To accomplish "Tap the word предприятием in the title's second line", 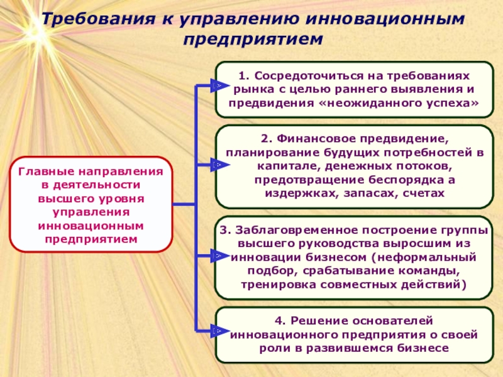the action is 253,40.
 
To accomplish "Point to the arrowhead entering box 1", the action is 216,85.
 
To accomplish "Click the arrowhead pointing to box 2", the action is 216,165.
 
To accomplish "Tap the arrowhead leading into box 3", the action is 216,256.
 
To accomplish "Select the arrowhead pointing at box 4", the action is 216,330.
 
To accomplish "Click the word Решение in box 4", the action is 319,320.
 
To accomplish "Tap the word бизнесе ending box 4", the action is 417,348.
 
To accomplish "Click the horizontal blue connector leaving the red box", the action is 184,205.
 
